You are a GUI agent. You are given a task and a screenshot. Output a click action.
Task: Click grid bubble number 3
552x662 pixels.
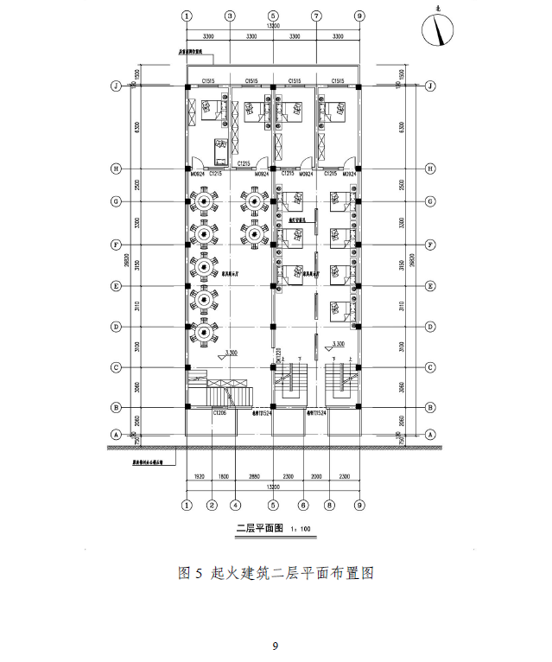tap(230, 16)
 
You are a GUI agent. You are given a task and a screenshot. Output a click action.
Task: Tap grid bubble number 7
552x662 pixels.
tap(316, 16)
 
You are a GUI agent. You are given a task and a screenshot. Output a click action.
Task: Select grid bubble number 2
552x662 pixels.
tap(211, 505)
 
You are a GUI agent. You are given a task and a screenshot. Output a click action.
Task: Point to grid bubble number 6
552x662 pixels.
tap(303, 505)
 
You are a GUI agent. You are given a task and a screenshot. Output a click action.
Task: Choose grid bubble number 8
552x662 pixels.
tap(329, 505)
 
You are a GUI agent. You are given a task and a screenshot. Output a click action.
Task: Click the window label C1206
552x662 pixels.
tap(220, 413)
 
